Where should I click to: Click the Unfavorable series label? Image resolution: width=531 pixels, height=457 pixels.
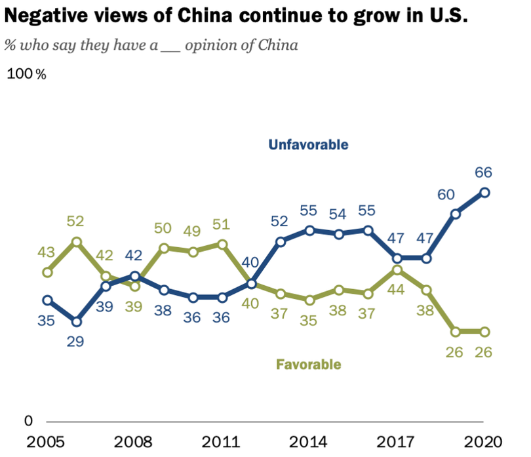point(308,145)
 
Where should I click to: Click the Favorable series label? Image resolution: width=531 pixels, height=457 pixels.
point(309,364)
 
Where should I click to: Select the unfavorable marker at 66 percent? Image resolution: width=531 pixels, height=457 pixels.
point(484,192)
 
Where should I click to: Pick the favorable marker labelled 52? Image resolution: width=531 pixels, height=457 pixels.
point(77,242)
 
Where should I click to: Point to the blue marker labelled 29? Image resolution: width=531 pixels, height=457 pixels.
point(77,321)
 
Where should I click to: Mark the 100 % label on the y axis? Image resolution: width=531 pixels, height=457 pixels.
point(26,74)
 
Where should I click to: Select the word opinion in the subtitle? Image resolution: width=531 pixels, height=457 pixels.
point(210,46)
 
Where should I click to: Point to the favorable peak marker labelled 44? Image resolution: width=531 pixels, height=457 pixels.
point(397,269)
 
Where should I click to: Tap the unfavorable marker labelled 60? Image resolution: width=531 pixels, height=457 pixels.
point(456,214)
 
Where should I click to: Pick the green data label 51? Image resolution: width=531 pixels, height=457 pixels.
point(222,225)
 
